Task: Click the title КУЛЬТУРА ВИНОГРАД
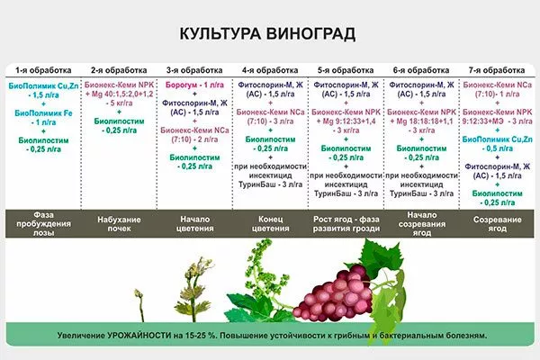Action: pyautogui.click(x=267, y=34)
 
